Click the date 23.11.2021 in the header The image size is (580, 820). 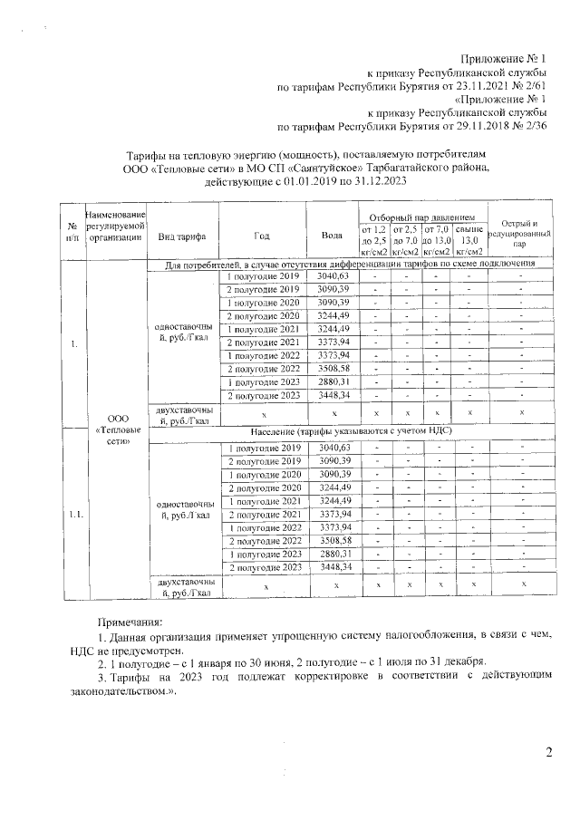tap(474, 87)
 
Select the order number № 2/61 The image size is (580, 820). tap(530, 87)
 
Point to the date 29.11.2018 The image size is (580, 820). tap(474, 127)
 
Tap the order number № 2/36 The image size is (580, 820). tap(530, 127)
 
